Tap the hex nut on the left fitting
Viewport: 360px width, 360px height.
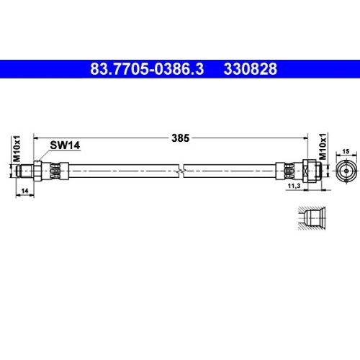37,170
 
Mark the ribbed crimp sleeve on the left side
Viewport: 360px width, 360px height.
57,170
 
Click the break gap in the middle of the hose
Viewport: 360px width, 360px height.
183,170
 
